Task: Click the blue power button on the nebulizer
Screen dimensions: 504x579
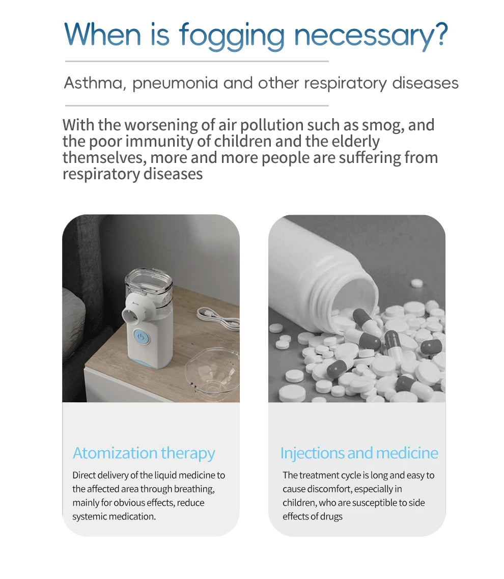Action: click(141, 337)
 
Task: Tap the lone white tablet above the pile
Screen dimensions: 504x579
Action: click(416, 283)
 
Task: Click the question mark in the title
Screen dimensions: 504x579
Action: click(440, 34)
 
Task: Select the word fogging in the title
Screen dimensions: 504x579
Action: click(232, 36)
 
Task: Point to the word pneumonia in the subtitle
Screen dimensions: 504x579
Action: click(175, 84)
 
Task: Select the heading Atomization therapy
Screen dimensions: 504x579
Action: click(144, 453)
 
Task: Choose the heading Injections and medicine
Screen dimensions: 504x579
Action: click(359, 453)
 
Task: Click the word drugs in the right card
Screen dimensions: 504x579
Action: click(331, 516)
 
